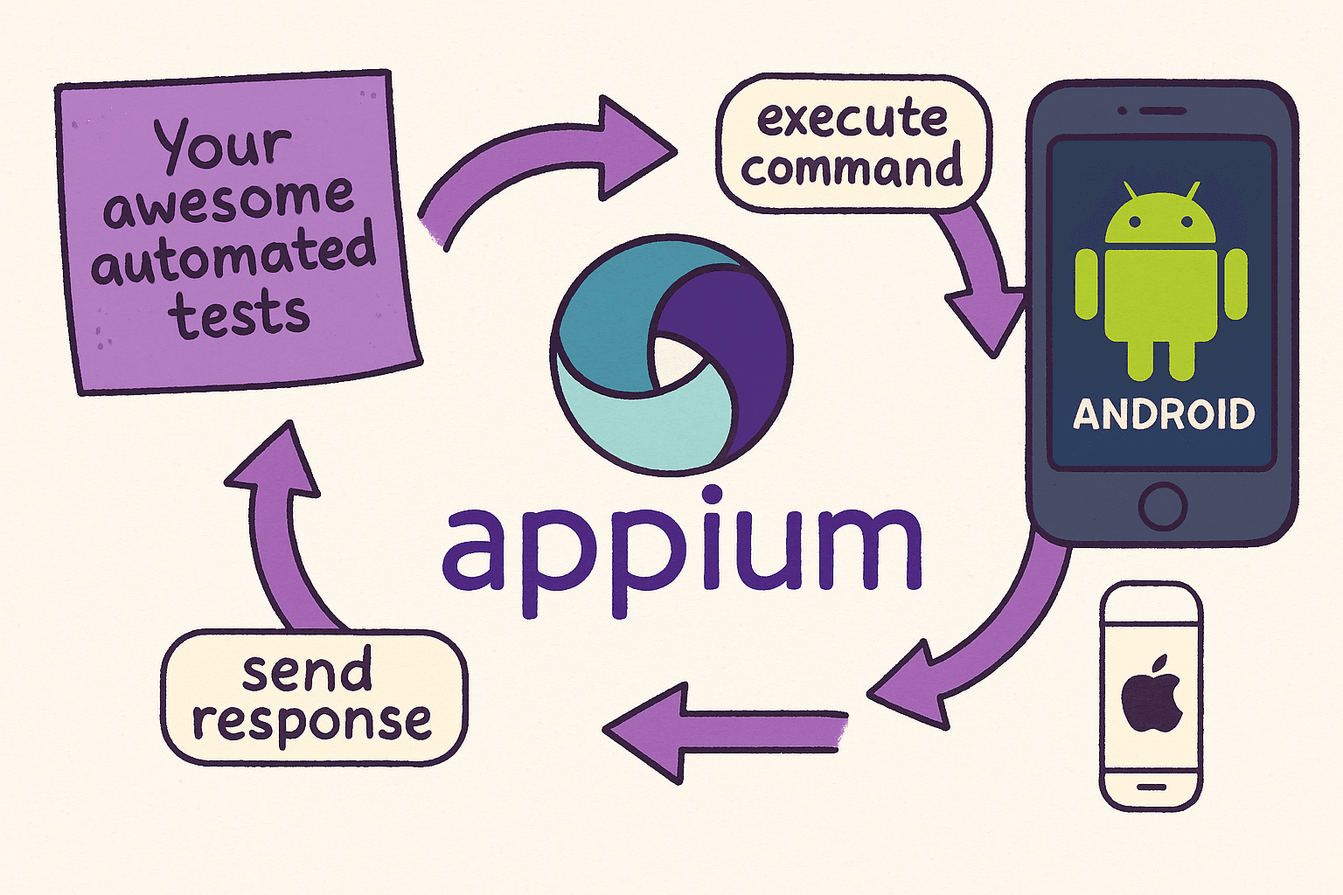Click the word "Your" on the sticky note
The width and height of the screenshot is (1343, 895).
pyautogui.click(x=222, y=144)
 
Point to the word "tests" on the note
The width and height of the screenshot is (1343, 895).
pyautogui.click(x=240, y=315)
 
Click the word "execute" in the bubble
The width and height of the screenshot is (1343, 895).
pyautogui.click(x=852, y=120)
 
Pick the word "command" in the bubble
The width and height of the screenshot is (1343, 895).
pyautogui.click(x=852, y=168)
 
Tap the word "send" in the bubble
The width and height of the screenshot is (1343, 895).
pyautogui.click(x=307, y=671)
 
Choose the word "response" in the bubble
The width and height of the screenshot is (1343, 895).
pyautogui.click(x=312, y=722)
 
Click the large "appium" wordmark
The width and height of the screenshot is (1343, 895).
pyautogui.click(x=682, y=551)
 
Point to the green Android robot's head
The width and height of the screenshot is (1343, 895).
pyautogui.click(x=1161, y=219)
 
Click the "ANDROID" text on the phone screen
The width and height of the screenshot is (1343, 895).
pyautogui.click(x=1164, y=414)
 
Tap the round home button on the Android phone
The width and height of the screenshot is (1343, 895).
pyautogui.click(x=1163, y=505)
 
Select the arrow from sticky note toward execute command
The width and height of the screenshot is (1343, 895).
pyautogui.click(x=542, y=162)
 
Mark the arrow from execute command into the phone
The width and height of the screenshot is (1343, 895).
pyautogui.click(x=979, y=280)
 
